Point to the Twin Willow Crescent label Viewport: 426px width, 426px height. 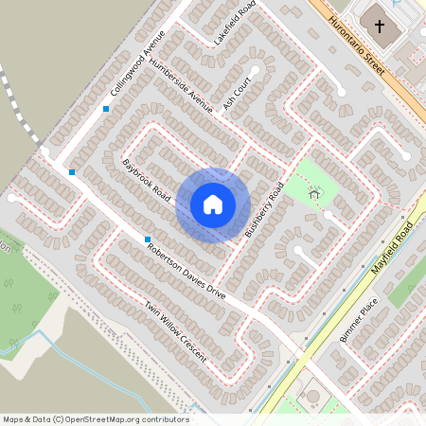[176, 333]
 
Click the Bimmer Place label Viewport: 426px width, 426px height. [359, 319]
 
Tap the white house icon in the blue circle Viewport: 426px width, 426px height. [213, 204]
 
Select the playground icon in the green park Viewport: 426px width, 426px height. [315, 192]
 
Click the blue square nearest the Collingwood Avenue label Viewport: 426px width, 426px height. [106, 109]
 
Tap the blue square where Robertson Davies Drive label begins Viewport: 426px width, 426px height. [148, 239]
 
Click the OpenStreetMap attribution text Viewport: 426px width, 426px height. [96, 419]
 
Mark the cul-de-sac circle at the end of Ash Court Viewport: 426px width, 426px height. [255, 70]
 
